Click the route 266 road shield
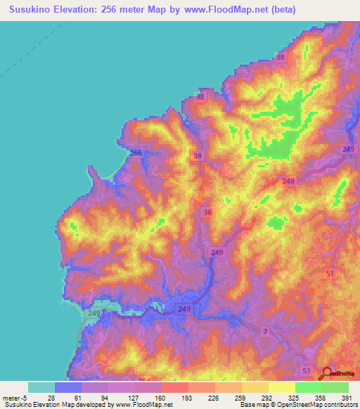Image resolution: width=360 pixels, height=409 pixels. [x=136, y=152]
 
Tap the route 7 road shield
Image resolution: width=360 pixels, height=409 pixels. [x=265, y=330]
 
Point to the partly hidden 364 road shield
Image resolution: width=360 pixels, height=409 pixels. [x=145, y=381]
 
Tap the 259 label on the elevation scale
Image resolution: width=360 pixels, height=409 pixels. [x=241, y=398]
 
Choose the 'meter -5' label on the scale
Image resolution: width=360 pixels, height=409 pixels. [x=15, y=398]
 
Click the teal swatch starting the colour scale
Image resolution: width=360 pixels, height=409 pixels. [x=41, y=387]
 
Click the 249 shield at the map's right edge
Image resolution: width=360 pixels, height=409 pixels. [x=348, y=149]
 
